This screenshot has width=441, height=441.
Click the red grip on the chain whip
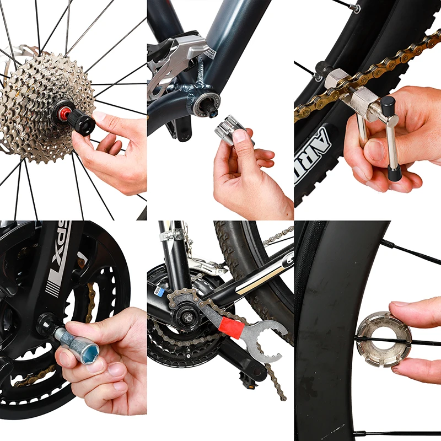[x=228, y=329]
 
